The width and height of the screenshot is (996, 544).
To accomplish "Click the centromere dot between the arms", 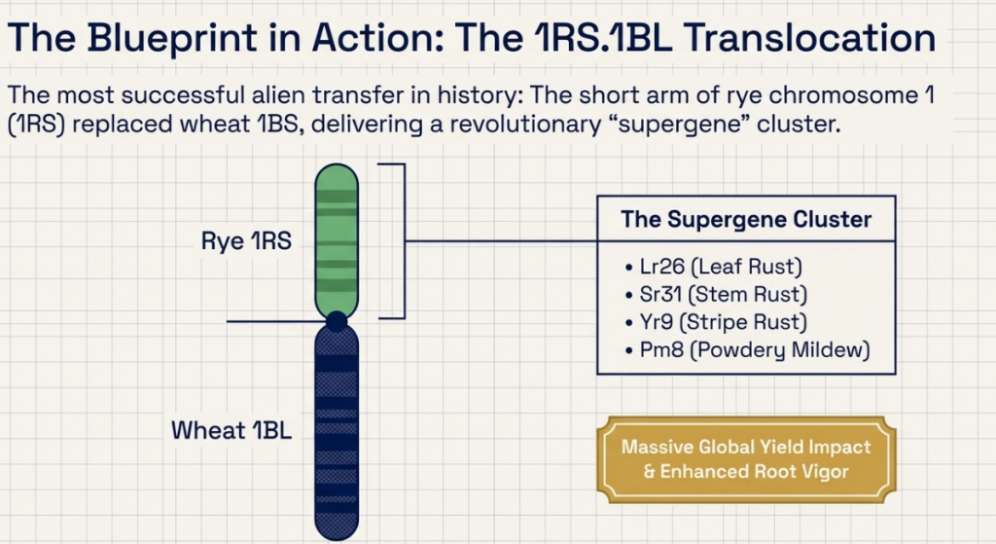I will coord(337,320).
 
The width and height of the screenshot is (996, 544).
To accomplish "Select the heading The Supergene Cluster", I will coord(746,219).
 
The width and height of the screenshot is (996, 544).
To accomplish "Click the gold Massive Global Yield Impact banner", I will coord(746,458).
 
